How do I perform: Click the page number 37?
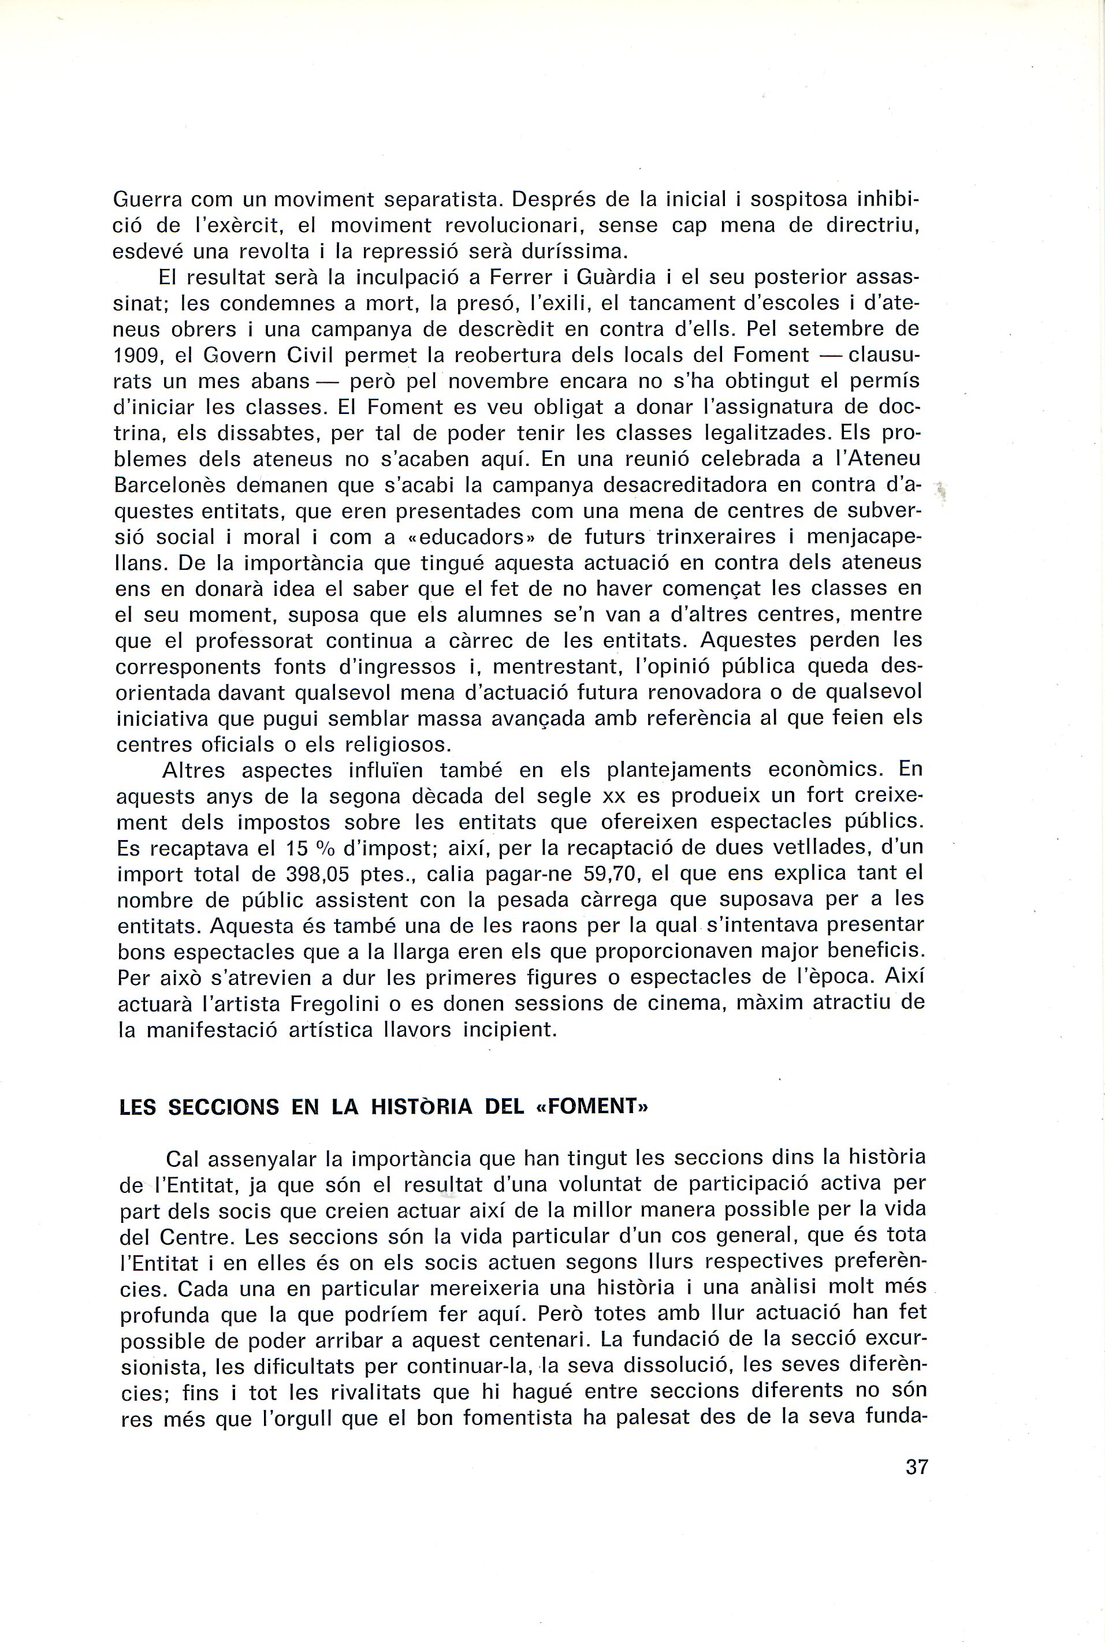(x=917, y=1488)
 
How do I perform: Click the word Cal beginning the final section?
(x=183, y=1159)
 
